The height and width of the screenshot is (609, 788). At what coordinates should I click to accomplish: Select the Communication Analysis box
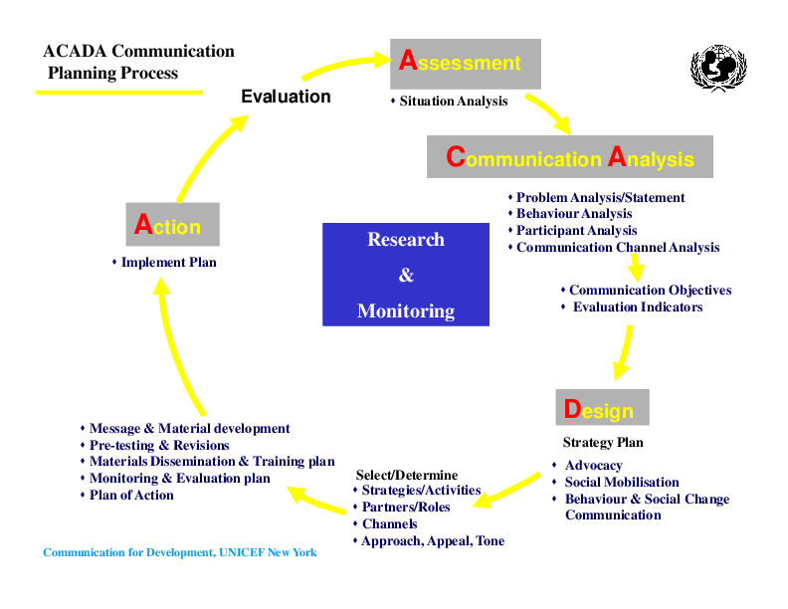point(570,157)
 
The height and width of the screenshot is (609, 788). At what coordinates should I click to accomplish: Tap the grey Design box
point(601,409)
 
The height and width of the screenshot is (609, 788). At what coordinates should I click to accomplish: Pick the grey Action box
point(172,226)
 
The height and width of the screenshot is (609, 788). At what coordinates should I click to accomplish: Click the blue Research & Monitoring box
point(406,275)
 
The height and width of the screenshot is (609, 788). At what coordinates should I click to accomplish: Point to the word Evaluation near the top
point(286,97)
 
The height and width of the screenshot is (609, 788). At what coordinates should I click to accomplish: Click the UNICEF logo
point(718,68)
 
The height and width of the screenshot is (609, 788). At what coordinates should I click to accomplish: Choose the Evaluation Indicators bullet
point(637,307)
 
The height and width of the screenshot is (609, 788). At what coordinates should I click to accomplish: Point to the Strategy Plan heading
point(603,443)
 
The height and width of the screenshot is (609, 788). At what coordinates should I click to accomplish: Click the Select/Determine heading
point(407,475)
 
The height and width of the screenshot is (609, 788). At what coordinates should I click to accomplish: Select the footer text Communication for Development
point(180,552)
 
